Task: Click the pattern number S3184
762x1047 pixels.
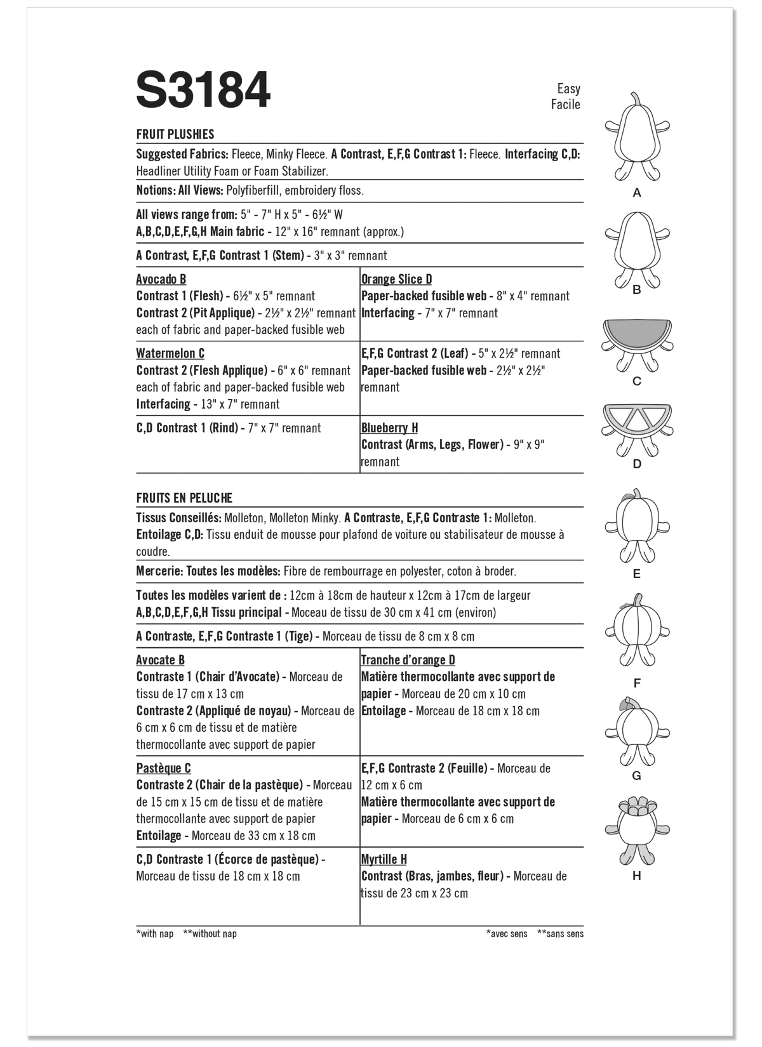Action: point(203,91)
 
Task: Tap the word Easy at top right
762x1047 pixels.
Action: point(568,89)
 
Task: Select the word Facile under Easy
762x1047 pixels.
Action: point(565,105)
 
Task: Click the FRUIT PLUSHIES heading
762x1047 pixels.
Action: point(175,135)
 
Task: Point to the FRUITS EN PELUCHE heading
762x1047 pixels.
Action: point(184,498)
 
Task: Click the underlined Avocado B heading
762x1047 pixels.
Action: point(161,279)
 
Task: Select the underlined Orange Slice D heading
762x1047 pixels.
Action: point(396,279)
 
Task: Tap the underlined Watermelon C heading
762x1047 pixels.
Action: point(170,353)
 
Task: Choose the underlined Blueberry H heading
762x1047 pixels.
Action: point(389,428)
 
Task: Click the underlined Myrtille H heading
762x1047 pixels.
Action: point(384,859)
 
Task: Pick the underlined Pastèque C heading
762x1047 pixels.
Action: point(163,768)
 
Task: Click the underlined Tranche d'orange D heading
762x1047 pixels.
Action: point(408,660)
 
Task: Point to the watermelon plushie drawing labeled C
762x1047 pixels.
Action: point(637,346)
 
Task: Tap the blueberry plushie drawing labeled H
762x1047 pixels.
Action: point(637,831)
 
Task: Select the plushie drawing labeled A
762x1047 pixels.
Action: point(637,140)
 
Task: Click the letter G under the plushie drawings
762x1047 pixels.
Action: point(637,775)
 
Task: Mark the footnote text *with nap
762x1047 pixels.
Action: point(155,933)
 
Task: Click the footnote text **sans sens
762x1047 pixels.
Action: point(560,933)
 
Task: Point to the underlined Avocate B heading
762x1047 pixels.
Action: point(160,660)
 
